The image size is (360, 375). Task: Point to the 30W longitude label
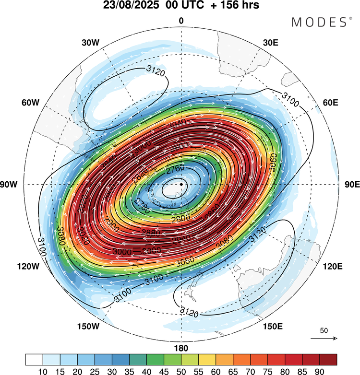[90, 43]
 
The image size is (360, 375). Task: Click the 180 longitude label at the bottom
[181, 348]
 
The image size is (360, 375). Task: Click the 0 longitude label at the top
[181, 21]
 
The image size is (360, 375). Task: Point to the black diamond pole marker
[181, 184]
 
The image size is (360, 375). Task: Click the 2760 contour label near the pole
[176, 170]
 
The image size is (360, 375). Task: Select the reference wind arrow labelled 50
[324, 338]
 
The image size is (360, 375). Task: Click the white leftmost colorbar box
[35, 359]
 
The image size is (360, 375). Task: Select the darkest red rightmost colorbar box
[328, 359]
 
